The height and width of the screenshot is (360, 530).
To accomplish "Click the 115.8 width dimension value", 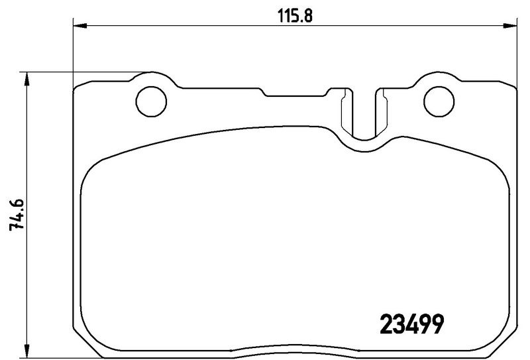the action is pyautogui.click(x=295, y=15).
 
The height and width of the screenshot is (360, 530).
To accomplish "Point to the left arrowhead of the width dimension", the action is pyautogui.click(x=80, y=26).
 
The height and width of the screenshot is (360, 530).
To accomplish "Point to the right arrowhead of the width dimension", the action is pyautogui.click(x=510, y=26).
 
